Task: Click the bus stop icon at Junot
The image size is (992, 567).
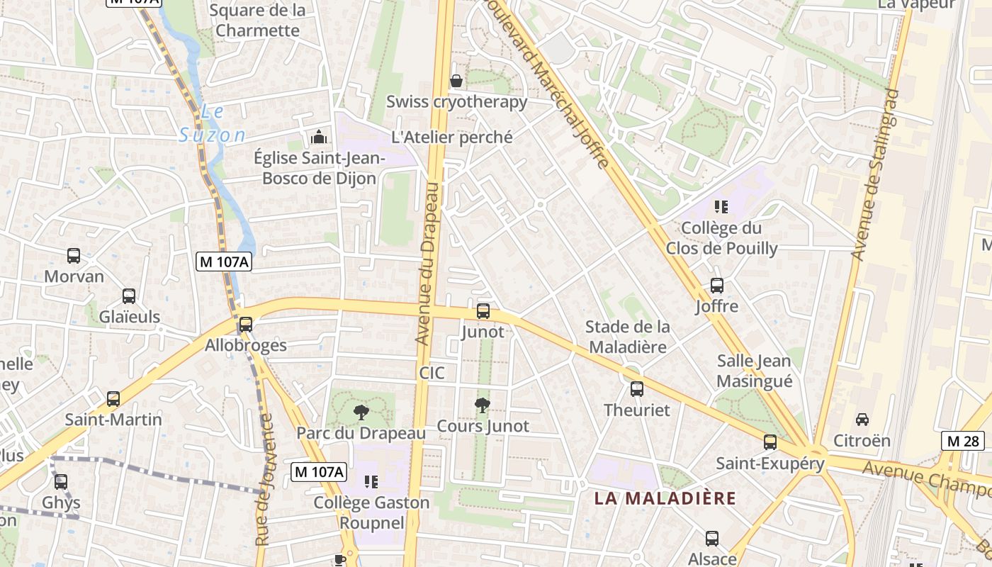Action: click(483, 310)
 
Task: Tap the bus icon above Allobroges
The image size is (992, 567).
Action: click(246, 325)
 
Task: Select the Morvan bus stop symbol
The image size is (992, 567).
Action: click(74, 256)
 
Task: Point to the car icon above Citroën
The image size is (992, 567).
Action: click(862, 419)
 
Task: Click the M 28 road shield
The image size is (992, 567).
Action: click(963, 441)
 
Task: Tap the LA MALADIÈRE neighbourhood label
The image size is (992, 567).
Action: click(665, 498)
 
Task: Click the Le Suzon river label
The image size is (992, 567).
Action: click(212, 123)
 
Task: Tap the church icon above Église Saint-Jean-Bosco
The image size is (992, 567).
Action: click(320, 136)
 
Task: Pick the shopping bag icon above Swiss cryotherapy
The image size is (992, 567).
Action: click(456, 81)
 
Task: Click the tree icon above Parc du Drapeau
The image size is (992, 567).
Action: click(361, 412)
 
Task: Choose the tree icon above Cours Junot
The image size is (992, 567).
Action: click(483, 405)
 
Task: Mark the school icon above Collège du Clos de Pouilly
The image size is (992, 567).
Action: click(721, 207)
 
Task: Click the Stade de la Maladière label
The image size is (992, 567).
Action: click(628, 337)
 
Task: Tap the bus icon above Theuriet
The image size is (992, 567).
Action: click(637, 388)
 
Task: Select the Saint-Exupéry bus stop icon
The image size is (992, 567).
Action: click(770, 442)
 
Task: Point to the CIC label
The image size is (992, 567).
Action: click(432, 372)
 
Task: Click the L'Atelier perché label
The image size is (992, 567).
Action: click(452, 137)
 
